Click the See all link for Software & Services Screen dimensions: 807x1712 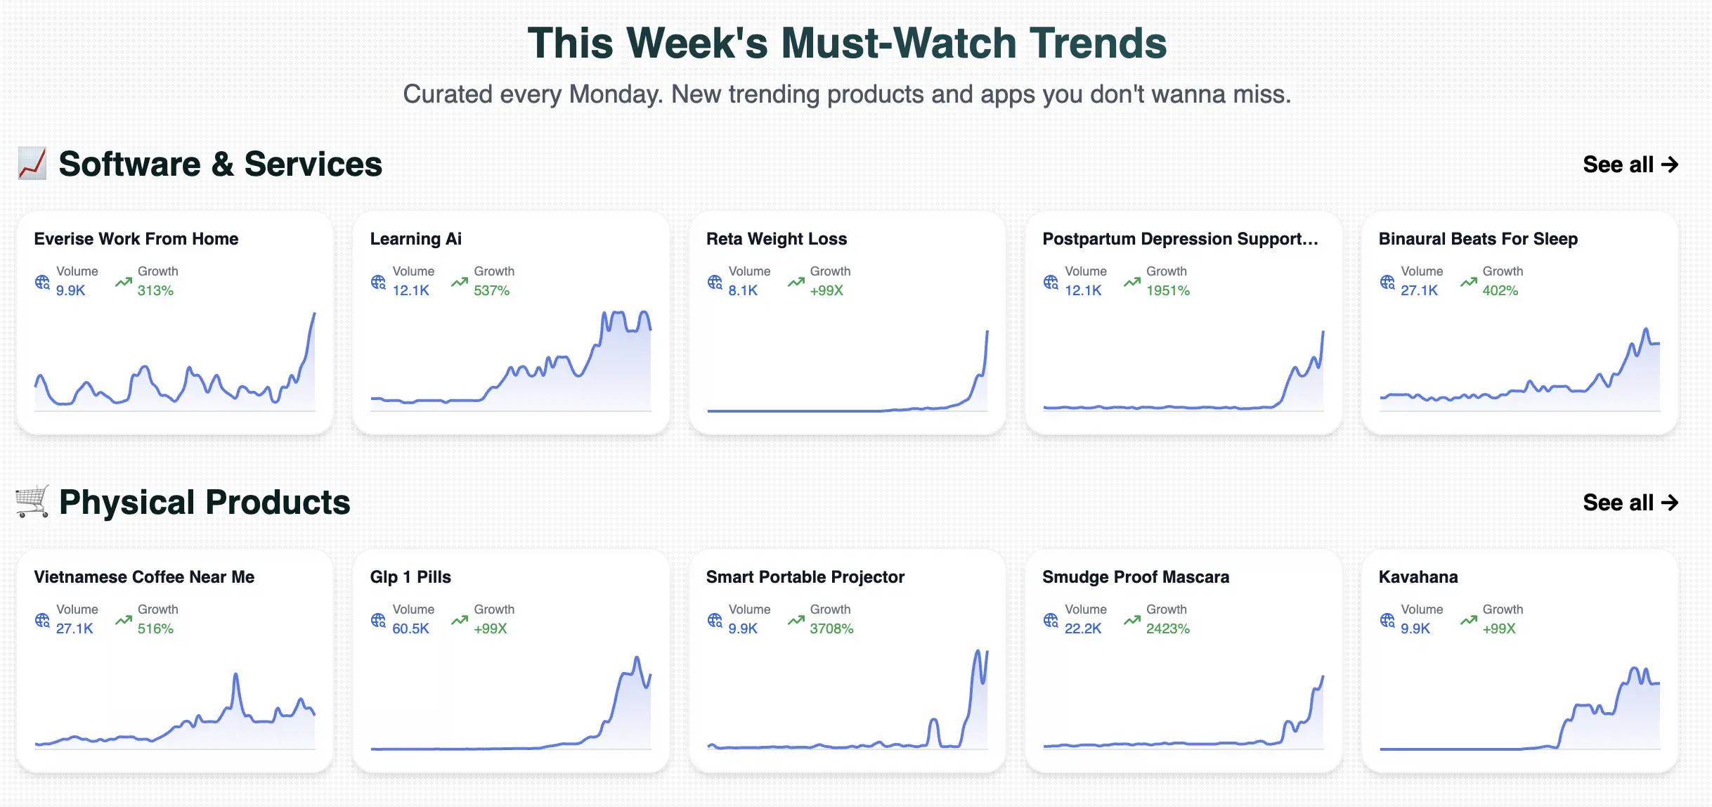(x=1630, y=164)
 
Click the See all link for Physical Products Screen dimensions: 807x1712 (x=1630, y=503)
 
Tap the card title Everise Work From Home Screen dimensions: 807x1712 (x=136, y=239)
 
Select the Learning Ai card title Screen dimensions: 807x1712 (x=416, y=239)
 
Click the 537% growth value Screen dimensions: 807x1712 (x=491, y=290)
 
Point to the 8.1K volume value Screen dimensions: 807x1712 (x=743, y=290)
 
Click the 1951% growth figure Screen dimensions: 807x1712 (x=1167, y=290)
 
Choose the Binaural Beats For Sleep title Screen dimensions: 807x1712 (x=1478, y=239)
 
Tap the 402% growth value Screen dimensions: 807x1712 (x=1500, y=290)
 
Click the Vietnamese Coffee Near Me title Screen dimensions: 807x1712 (x=144, y=577)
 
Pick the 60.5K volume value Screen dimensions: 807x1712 (x=410, y=628)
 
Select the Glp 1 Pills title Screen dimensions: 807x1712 (x=410, y=577)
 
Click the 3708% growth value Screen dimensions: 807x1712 (x=831, y=628)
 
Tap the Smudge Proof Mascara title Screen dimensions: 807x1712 (x=1136, y=577)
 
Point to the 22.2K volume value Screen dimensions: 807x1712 (x=1082, y=628)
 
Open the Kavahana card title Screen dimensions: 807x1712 (x=1418, y=577)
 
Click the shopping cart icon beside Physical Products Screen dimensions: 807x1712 (x=32, y=502)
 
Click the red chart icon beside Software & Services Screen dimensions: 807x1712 (x=32, y=164)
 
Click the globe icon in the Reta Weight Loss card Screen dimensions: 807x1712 (x=715, y=282)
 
